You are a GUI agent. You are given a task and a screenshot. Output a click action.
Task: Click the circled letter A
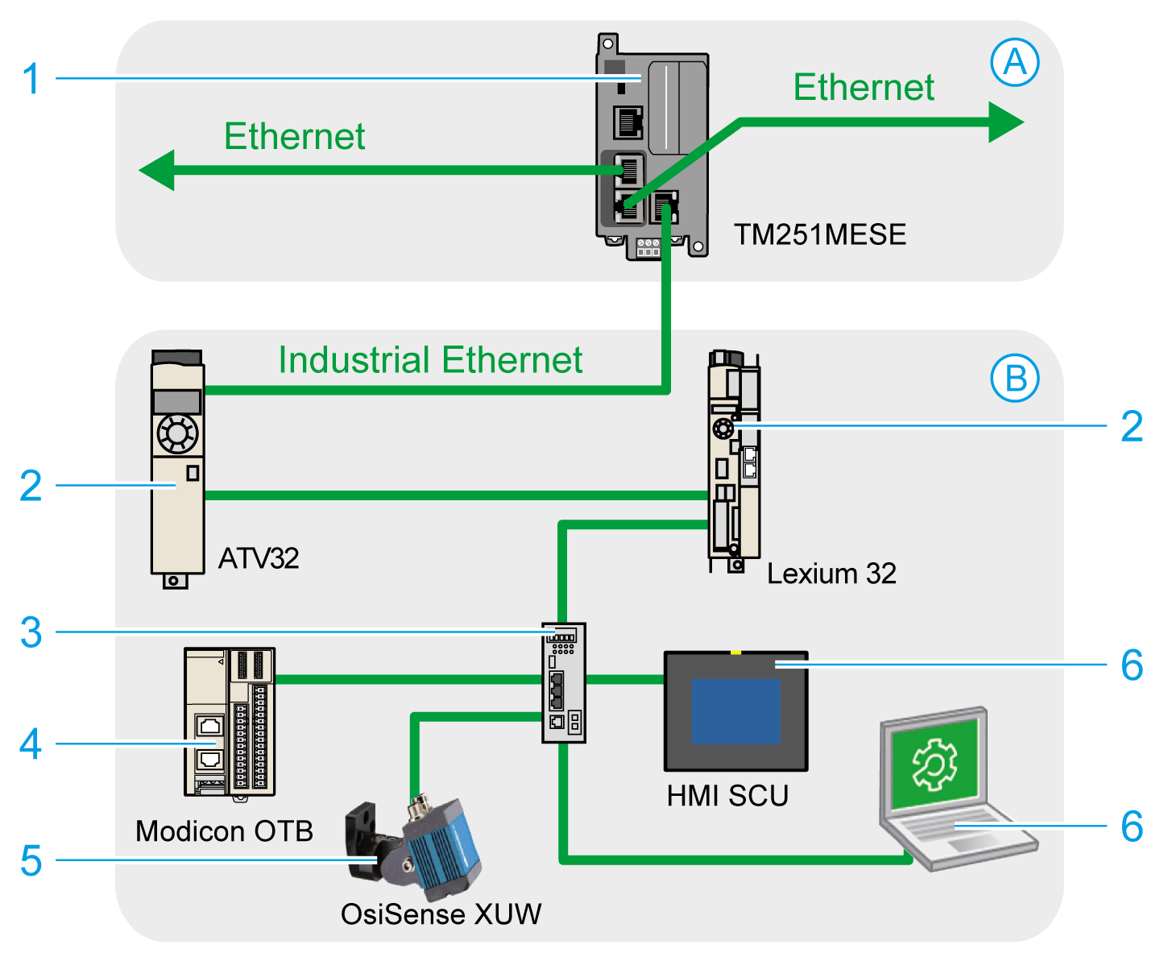pos(1015,63)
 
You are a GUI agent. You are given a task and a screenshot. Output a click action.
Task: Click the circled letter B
pos(1015,378)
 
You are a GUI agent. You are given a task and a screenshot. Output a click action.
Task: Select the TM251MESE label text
pos(819,234)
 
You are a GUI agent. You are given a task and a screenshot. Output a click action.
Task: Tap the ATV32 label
pos(259,558)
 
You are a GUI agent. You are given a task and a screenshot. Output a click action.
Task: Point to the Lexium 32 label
pos(831,574)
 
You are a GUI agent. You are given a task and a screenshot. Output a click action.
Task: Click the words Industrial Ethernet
pos(430,360)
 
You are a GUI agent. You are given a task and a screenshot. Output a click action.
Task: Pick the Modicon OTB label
pos(224,831)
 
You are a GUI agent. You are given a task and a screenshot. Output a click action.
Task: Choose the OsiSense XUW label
pos(441,914)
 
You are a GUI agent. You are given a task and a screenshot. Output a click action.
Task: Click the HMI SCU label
pos(727,796)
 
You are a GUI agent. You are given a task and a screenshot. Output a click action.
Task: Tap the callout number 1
pos(31,79)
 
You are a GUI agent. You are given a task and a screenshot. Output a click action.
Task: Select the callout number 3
pos(31,632)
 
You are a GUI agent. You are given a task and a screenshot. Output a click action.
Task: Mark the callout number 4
pos(31,744)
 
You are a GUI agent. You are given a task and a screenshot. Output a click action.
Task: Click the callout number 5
pos(31,860)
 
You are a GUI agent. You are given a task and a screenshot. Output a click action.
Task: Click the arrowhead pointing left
pos(157,170)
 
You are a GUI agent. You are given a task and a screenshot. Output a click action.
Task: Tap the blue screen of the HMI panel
pos(736,710)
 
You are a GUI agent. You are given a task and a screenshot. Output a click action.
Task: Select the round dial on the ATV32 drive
pos(177,435)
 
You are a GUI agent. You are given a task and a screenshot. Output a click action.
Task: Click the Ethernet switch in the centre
pos(563,682)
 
